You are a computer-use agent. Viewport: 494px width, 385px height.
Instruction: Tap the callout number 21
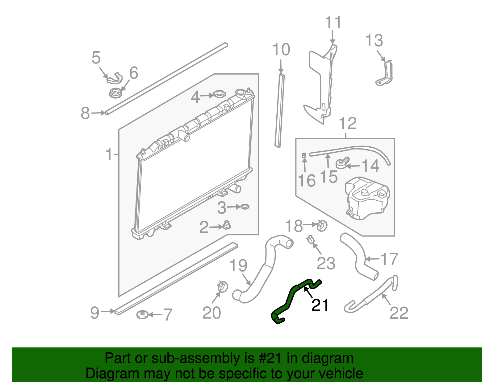pyautogui.click(x=320, y=305)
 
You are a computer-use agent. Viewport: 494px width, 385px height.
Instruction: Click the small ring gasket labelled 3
pyautogui.click(x=244, y=207)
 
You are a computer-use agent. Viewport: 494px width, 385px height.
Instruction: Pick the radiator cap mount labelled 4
pyautogui.click(x=219, y=94)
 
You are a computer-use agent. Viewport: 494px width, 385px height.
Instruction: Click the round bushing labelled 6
pyautogui.click(x=115, y=92)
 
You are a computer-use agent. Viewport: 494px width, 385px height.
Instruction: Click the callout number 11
pyautogui.click(x=333, y=23)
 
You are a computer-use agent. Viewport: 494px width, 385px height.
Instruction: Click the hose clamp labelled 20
pyautogui.click(x=222, y=286)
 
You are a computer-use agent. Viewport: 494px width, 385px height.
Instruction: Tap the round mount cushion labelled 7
pyautogui.click(x=143, y=315)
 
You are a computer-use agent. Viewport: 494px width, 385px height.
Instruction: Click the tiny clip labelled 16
pyautogui.click(x=304, y=156)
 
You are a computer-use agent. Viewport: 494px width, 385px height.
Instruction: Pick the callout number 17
pyautogui.click(x=389, y=259)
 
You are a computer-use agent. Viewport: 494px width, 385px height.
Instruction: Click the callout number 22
pyautogui.click(x=399, y=313)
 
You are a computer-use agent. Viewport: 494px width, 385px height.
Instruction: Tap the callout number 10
pyautogui.click(x=281, y=50)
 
